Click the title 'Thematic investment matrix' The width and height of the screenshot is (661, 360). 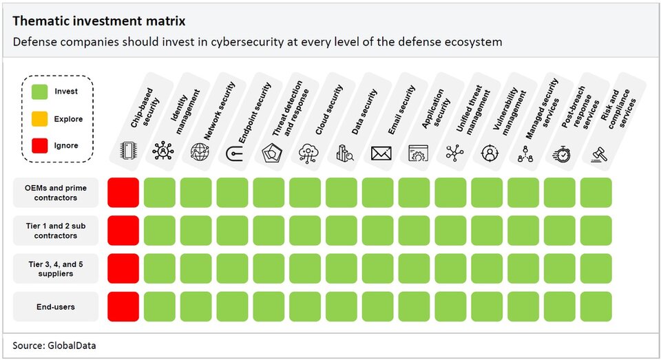pyautogui.click(x=98, y=22)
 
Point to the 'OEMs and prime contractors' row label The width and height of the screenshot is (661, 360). pyautogui.click(x=56, y=193)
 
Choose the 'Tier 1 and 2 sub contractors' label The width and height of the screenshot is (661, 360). pyautogui.click(x=56, y=231)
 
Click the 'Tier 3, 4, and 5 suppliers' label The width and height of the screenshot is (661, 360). pyautogui.click(x=56, y=268)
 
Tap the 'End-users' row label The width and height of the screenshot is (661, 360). pyautogui.click(x=56, y=306)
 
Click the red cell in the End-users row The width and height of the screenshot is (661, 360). pyautogui.click(x=123, y=306)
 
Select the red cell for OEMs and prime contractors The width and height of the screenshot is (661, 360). pyautogui.click(x=123, y=193)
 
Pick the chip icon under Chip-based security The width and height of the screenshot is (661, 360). pyautogui.click(x=127, y=151)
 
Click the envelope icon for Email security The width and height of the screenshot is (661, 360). pyautogui.click(x=381, y=153)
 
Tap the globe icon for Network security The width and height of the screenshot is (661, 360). pyautogui.click(x=200, y=151)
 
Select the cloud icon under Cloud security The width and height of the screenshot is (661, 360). pyautogui.click(x=308, y=153)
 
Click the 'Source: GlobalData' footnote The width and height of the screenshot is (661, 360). pyautogui.click(x=54, y=346)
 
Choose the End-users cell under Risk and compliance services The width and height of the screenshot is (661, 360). pyautogui.click(x=596, y=306)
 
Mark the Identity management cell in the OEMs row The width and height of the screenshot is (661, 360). pyautogui.click(x=160, y=193)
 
